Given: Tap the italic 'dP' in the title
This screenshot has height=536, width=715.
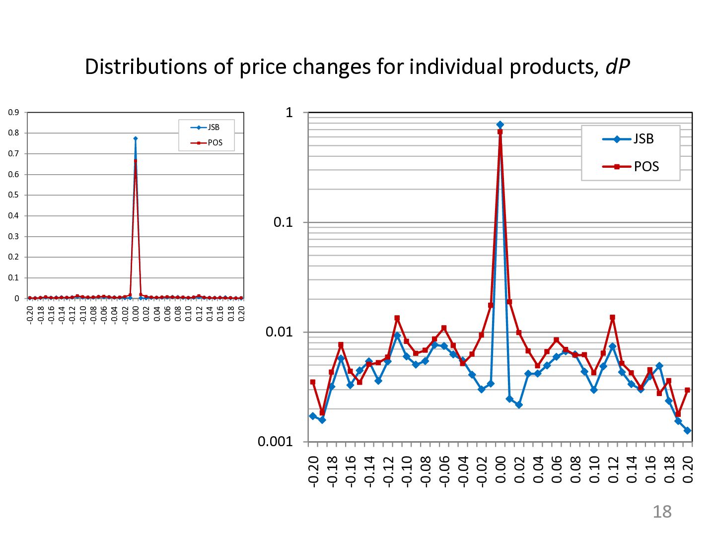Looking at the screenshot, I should [x=617, y=67].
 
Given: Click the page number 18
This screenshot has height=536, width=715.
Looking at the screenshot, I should [x=661, y=512].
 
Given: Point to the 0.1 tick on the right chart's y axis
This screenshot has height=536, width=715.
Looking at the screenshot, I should [x=283, y=222].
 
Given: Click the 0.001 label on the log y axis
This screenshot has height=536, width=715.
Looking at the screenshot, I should [x=275, y=441].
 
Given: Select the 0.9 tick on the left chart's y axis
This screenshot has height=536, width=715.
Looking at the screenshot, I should [x=13, y=113].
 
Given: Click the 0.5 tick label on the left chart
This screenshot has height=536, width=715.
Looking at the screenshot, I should [x=13, y=195].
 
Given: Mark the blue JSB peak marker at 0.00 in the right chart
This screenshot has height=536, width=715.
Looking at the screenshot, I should [x=500, y=125].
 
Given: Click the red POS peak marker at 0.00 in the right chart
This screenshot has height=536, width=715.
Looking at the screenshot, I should [x=500, y=132].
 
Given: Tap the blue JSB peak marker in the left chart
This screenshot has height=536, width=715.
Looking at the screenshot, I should [x=136, y=138].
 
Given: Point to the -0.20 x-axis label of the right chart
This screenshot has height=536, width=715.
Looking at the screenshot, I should [x=313, y=471].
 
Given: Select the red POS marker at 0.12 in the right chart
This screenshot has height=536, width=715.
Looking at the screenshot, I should [x=613, y=317].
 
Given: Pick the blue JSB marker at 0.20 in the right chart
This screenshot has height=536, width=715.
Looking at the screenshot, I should [x=688, y=431].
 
